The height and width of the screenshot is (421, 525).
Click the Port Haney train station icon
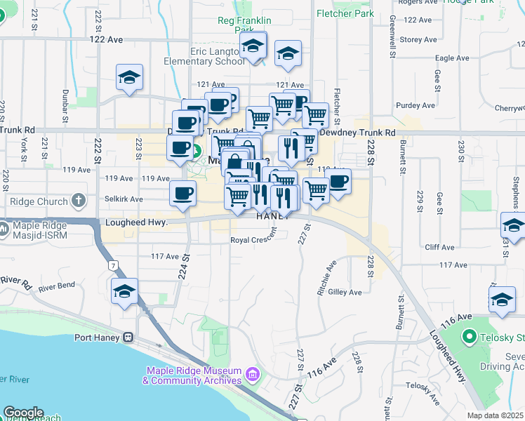128,337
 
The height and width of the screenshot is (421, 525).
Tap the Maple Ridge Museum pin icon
250,380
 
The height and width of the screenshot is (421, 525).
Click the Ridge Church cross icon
79,201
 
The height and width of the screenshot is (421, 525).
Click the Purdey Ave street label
416,105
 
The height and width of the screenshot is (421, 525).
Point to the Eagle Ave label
452,59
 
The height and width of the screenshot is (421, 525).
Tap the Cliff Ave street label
442,247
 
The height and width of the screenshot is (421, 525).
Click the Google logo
23,413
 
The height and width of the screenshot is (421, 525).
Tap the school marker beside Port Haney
124,292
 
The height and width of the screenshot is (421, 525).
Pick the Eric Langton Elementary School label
207,57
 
